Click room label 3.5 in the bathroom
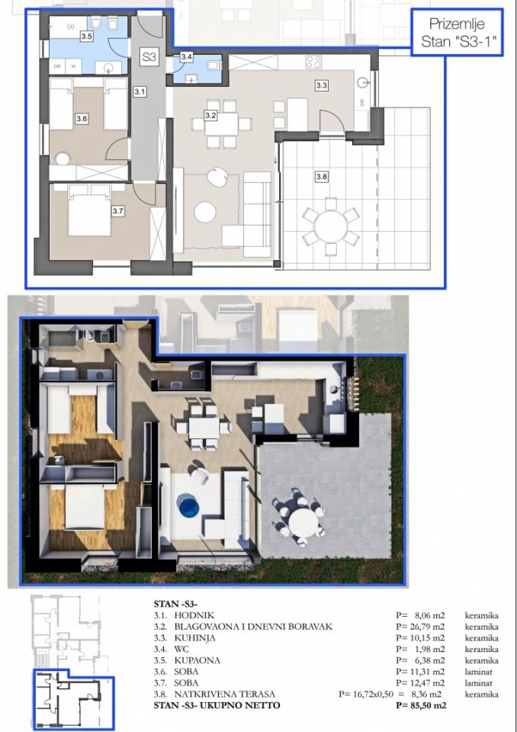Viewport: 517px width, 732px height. click(86, 36)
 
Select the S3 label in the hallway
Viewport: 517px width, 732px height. click(149, 56)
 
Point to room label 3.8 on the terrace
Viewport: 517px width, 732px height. click(322, 177)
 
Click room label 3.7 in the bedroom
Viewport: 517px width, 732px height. click(117, 212)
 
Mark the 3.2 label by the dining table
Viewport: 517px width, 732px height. click(211, 115)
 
